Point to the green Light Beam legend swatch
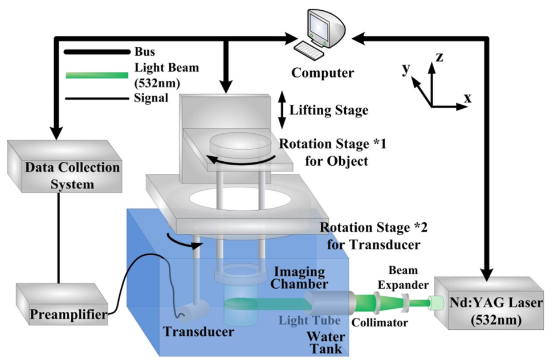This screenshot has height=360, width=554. [x=96, y=75]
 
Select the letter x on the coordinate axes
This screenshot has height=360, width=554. [x=467, y=97]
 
